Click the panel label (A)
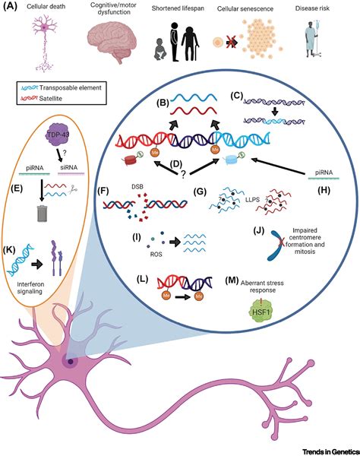(11, 7)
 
